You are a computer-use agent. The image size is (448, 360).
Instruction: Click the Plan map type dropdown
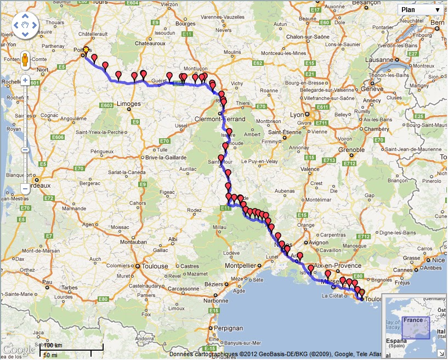click(x=420, y=9)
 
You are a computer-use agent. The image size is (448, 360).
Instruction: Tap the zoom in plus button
click(x=25, y=80)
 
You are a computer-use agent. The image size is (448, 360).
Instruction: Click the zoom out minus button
click(x=25, y=188)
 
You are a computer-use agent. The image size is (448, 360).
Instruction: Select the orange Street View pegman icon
click(x=25, y=59)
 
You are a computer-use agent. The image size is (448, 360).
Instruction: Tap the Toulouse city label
click(x=154, y=266)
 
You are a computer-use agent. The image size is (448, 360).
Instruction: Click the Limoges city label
click(x=129, y=103)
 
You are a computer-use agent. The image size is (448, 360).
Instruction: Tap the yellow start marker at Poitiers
click(x=86, y=49)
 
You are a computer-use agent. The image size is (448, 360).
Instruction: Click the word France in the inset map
click(x=412, y=320)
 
